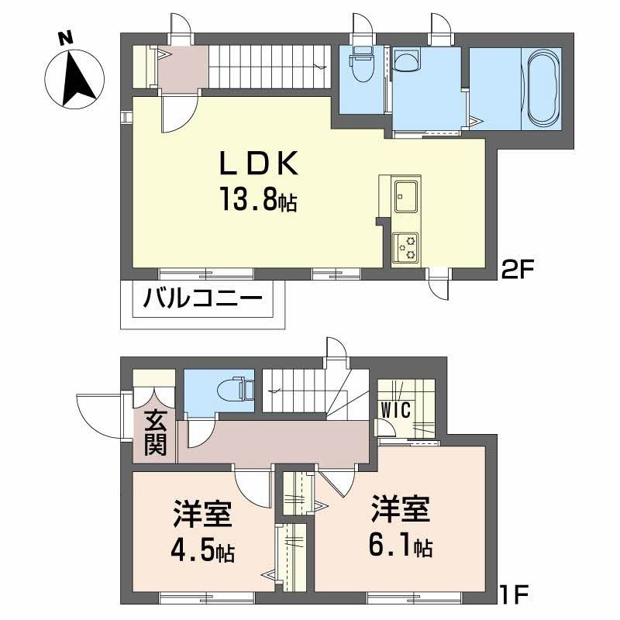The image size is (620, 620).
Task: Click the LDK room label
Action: click(x=257, y=164)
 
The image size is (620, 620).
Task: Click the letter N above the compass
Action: click(x=66, y=36)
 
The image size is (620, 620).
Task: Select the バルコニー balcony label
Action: click(x=202, y=298)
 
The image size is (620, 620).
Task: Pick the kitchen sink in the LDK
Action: click(x=406, y=195)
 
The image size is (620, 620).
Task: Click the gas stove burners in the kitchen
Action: click(x=406, y=246)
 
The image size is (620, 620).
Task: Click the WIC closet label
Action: click(x=395, y=408)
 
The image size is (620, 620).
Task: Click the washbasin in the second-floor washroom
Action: click(x=406, y=60)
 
